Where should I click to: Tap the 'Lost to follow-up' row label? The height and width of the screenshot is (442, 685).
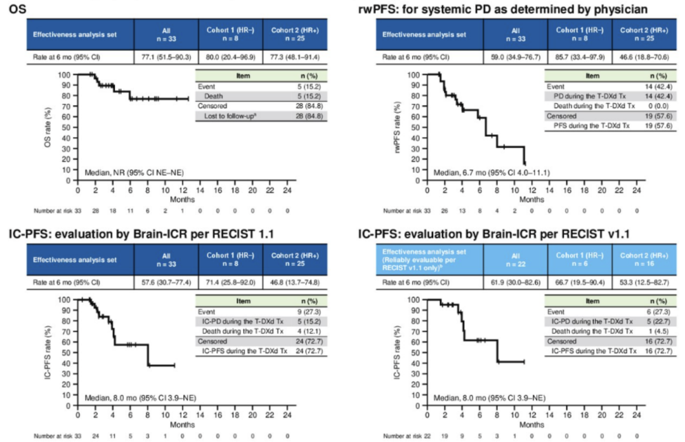[x=226, y=114]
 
